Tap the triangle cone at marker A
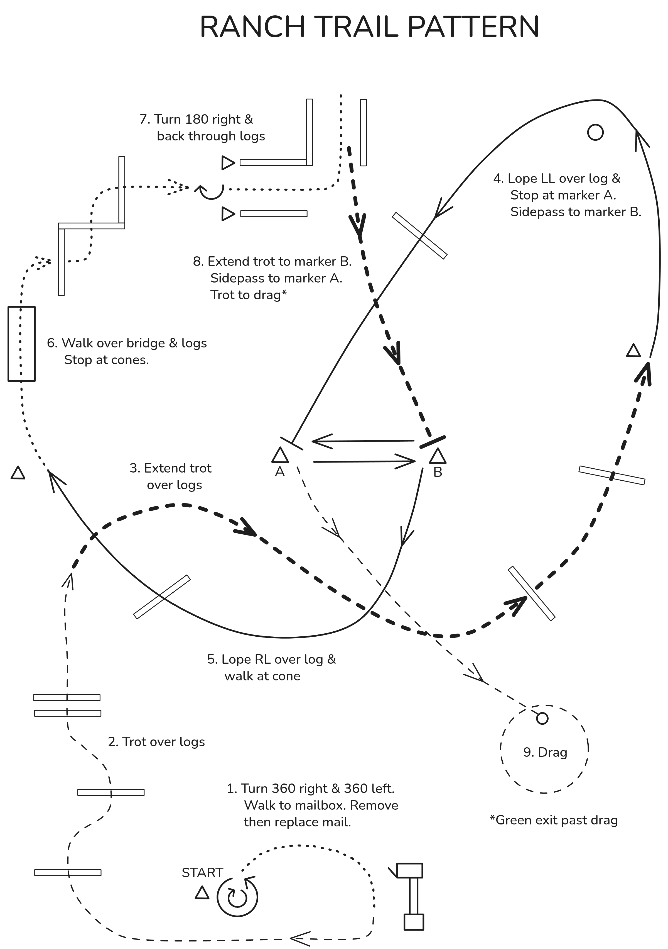(280, 455)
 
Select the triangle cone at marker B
(438, 456)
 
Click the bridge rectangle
(21, 344)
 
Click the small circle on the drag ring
(542, 718)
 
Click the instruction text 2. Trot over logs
(156, 742)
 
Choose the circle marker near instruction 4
(595, 132)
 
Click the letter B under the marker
(438, 472)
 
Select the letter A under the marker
(280, 472)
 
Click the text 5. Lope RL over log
(272, 659)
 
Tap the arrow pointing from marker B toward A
(363, 441)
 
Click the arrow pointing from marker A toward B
(364, 461)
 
